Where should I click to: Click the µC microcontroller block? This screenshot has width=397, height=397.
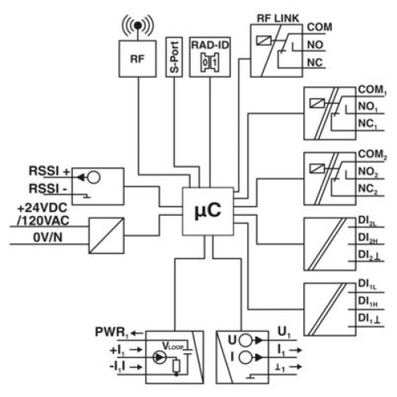[208, 211]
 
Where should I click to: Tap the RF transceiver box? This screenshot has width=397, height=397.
[137, 59]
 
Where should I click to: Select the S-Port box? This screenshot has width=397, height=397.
[174, 57]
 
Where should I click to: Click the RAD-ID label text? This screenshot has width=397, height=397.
[210, 45]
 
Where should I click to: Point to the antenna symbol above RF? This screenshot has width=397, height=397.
[137, 25]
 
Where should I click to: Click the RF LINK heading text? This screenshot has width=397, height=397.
[278, 18]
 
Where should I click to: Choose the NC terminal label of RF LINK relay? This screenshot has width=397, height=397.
[315, 63]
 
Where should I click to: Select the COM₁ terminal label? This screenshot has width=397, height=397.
[372, 90]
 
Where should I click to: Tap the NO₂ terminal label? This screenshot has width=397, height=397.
[368, 172]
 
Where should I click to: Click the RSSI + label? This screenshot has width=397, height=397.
[49, 171]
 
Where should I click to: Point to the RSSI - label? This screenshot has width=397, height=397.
[48, 189]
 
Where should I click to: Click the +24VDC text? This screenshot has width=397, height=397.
[42, 208]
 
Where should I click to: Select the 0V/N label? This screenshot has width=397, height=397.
[48, 237]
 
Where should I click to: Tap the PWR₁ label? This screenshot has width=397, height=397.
[112, 333]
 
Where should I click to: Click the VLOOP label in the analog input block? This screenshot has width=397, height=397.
[173, 346]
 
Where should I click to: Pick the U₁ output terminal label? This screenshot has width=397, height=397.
[284, 332]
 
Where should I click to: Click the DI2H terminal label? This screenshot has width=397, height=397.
[368, 238]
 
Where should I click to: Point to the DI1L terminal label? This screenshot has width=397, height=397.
[367, 284]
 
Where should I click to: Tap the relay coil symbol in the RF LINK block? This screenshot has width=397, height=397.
[264, 40]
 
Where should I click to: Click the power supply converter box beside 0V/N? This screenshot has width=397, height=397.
[106, 236]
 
